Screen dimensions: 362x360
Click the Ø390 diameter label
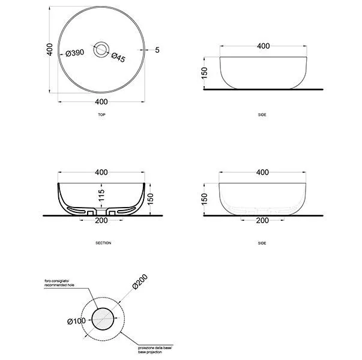coord(75,53)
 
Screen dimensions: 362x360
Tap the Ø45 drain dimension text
coord(118,58)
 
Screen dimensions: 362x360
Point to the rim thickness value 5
coord(157,50)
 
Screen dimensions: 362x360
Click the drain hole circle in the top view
coord(101,49)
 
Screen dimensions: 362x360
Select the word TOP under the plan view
coord(102,115)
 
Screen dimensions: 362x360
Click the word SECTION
coord(103,243)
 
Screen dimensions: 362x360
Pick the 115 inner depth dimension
coord(101,195)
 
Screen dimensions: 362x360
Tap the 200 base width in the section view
coord(101,220)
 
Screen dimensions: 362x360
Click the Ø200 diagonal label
coord(140,281)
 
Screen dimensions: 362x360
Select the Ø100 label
coord(76,321)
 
